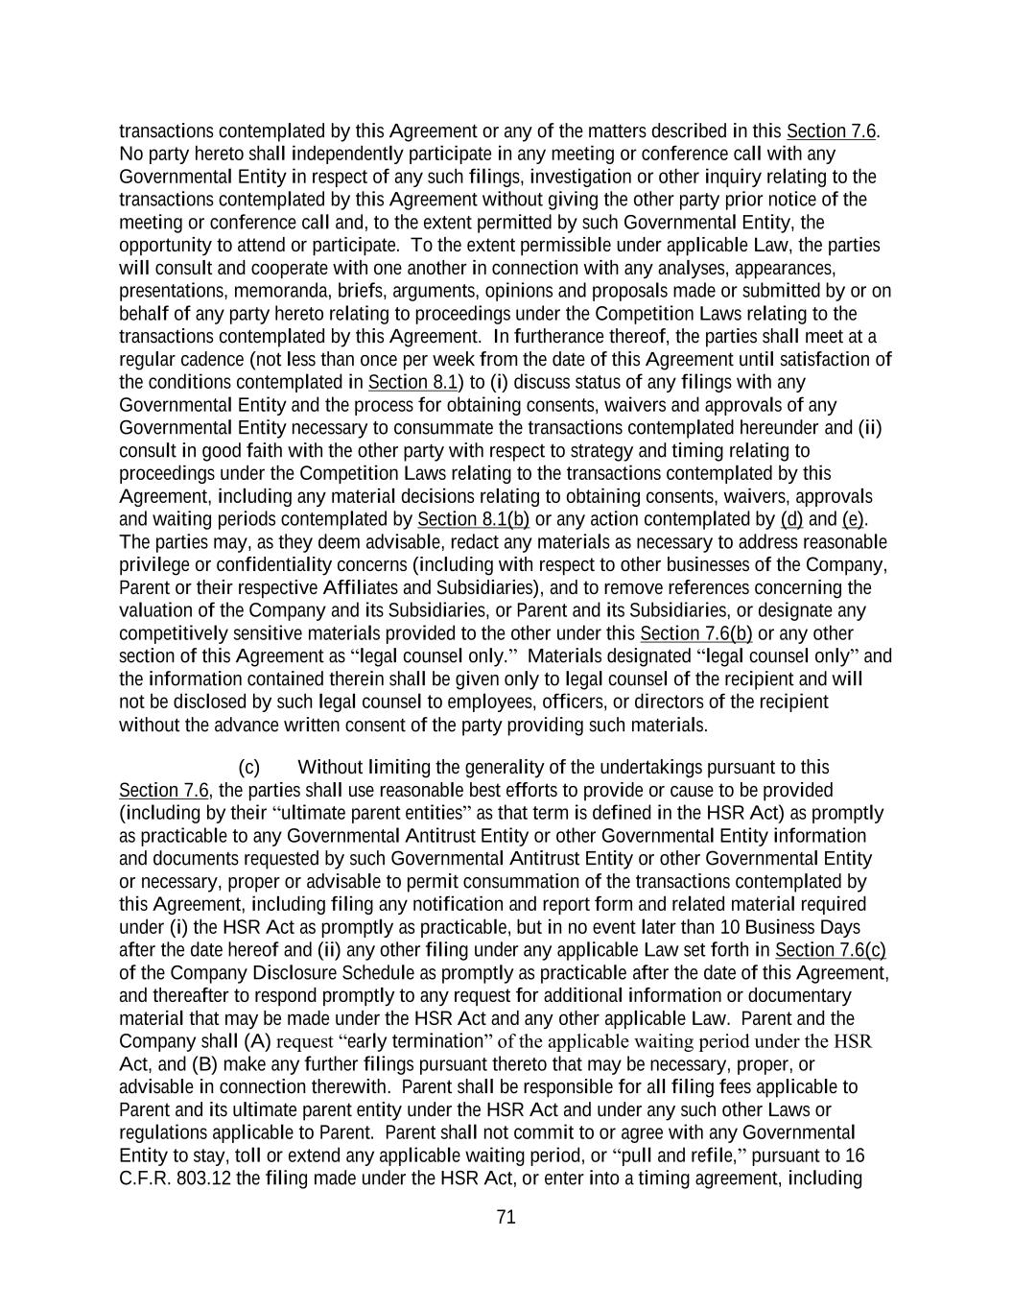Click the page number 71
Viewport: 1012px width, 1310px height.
506,1217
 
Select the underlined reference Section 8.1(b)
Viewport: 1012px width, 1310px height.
474,519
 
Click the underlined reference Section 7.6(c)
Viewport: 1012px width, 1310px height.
830,950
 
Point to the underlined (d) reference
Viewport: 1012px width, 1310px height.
791,519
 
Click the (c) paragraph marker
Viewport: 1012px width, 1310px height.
248,767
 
